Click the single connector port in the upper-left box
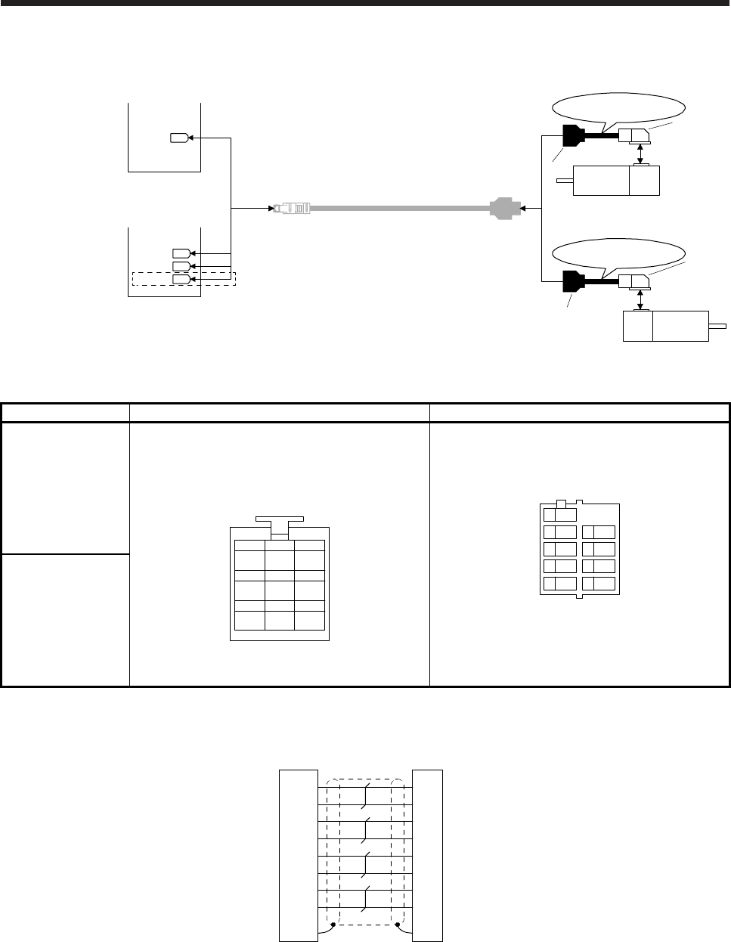pyautogui.click(x=178, y=138)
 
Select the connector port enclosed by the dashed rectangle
pyautogui.click(x=181, y=279)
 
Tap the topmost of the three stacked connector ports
pyautogui.click(x=181, y=253)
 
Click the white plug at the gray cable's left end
pyautogui.click(x=292, y=207)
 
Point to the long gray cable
pyautogui.click(x=397, y=207)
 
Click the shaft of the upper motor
pyautogui.click(x=565, y=180)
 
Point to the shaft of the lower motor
pyautogui.click(x=717, y=327)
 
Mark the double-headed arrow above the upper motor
pyautogui.click(x=640, y=154)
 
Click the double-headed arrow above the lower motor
pyautogui.click(x=640, y=299)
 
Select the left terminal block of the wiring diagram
pyautogui.click(x=298, y=855)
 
